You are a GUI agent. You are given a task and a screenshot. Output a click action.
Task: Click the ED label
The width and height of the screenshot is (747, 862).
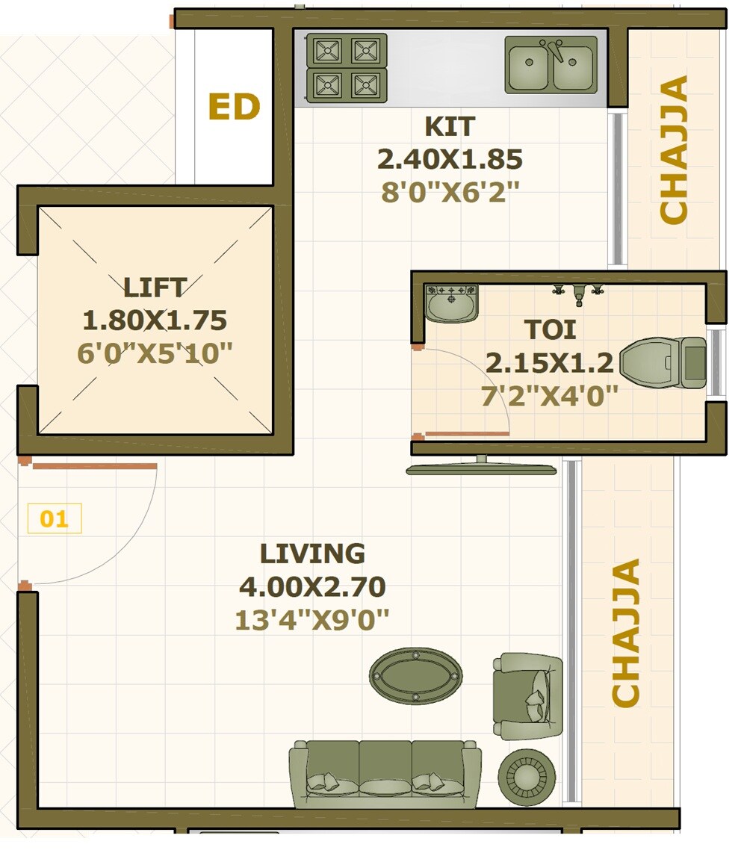pos(235,107)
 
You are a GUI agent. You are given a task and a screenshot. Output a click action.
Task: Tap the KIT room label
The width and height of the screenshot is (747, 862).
pos(450,126)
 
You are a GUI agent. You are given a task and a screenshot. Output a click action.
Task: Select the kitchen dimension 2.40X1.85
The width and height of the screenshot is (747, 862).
pos(450,159)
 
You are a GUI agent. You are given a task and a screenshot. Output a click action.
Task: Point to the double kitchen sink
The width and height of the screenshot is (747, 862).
pos(551,65)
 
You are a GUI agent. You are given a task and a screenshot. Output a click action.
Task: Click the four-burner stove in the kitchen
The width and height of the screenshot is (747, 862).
pos(347,68)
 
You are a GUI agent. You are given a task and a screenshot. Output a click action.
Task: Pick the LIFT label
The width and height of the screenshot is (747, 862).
pos(155,287)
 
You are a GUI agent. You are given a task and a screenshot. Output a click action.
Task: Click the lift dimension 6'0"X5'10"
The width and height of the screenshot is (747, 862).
pos(155,352)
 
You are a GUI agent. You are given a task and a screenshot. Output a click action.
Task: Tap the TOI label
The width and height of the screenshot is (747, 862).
pos(550,329)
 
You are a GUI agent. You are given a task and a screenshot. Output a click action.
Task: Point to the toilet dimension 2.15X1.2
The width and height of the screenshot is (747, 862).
pos(550,363)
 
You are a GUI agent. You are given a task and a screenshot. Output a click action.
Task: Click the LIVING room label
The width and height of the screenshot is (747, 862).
pos(312,554)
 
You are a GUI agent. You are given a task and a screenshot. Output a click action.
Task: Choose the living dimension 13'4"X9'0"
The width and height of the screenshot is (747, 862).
pos(312,619)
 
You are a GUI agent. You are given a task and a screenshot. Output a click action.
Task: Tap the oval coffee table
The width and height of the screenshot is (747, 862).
pos(415,675)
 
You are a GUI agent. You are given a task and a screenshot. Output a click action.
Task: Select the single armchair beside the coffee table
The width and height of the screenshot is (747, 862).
pos(527,696)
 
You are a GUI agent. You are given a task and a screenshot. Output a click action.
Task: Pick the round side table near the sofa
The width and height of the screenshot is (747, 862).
pos(527,777)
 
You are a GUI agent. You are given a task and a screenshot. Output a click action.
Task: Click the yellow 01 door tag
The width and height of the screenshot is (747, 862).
pos(55,518)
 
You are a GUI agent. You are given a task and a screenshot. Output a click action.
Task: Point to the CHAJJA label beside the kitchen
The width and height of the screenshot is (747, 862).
pos(674,149)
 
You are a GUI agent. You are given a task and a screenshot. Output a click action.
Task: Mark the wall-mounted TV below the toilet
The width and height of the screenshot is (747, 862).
pos(481,468)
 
